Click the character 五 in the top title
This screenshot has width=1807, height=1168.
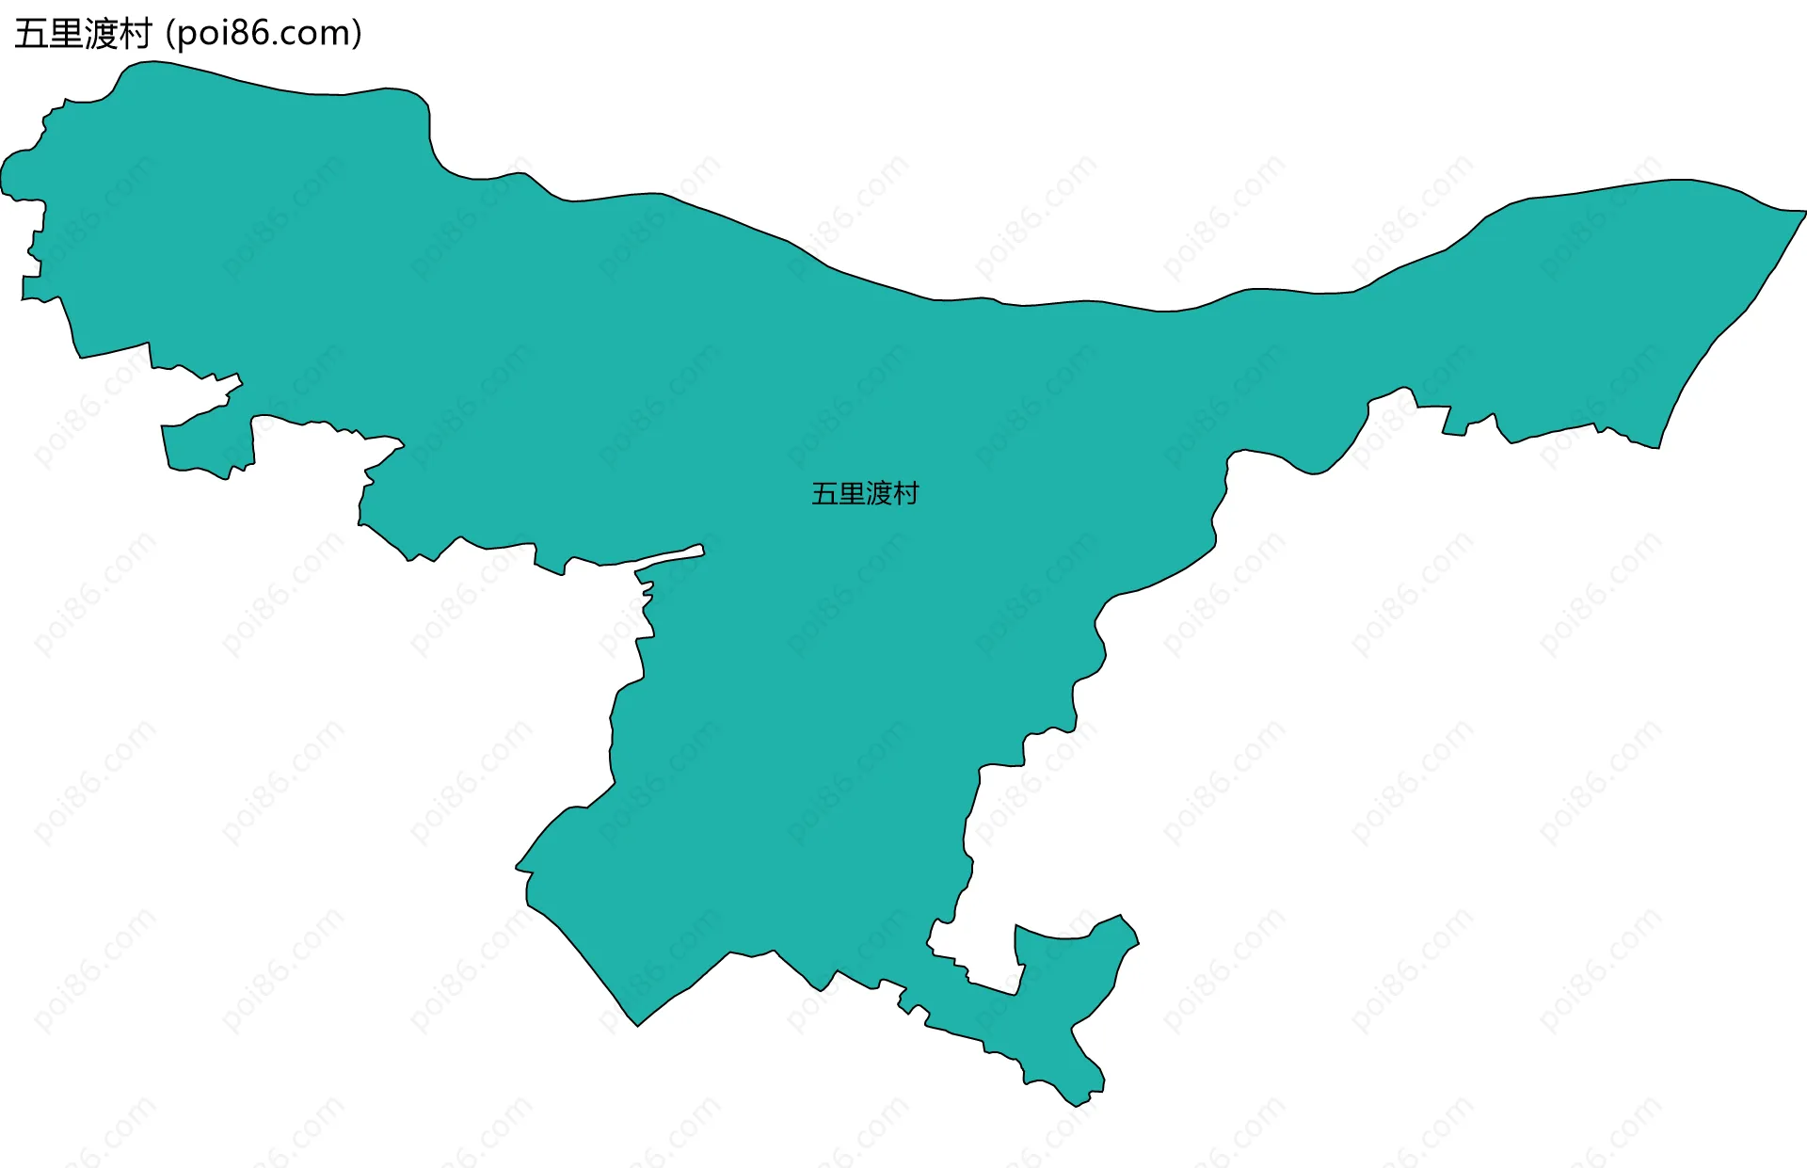[30, 35]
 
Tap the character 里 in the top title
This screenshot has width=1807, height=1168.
[65, 35]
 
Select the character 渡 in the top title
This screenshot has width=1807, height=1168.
[100, 35]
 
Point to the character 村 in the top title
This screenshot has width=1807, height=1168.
[135, 35]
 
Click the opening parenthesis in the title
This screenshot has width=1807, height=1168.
[169, 35]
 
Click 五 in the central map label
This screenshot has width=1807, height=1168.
[824, 494]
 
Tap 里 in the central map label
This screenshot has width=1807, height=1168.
[852, 494]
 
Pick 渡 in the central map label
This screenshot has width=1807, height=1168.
[879, 494]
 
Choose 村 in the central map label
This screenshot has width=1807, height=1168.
[905, 494]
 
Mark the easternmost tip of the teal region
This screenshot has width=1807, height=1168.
[1804, 212]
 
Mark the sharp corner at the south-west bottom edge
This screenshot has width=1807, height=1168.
[638, 1025]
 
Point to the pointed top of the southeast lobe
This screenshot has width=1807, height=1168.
[1120, 916]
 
